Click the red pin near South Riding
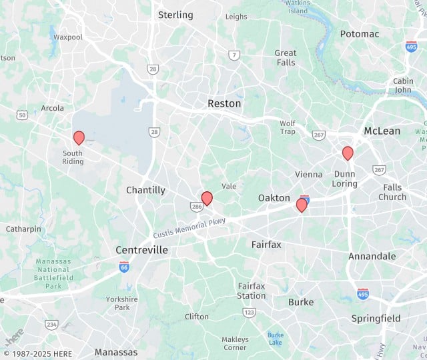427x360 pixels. pyautogui.click(x=79, y=138)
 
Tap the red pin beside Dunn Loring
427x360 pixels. pyautogui.click(x=348, y=153)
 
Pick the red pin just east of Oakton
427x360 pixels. pyautogui.click(x=302, y=205)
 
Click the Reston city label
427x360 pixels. pyautogui.click(x=224, y=103)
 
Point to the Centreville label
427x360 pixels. pyautogui.click(x=141, y=250)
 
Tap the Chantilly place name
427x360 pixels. pyautogui.click(x=145, y=190)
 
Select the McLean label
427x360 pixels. pyautogui.click(x=382, y=131)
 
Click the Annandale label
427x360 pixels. pyautogui.click(x=372, y=256)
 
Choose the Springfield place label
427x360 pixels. pyautogui.click(x=376, y=319)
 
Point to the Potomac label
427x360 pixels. pyautogui.click(x=359, y=33)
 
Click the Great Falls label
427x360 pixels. pyautogui.click(x=286, y=57)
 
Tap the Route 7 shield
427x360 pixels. pyautogui.click(x=234, y=55)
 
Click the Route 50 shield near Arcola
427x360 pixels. pyautogui.click(x=22, y=115)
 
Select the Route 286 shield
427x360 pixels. pyautogui.click(x=197, y=208)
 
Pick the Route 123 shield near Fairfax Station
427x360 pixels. pyautogui.click(x=249, y=312)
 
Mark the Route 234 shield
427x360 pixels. pyautogui.click(x=51, y=325)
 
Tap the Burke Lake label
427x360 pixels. pyautogui.click(x=276, y=339)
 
